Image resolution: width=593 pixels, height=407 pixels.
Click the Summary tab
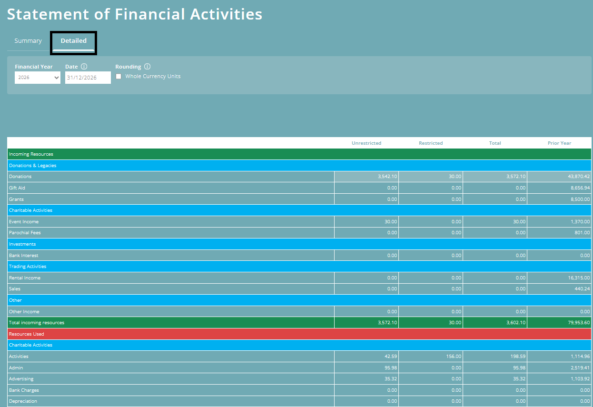click(28, 41)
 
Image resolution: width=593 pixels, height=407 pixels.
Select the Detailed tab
click(74, 41)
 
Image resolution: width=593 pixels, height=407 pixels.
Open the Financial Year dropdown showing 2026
click(38, 78)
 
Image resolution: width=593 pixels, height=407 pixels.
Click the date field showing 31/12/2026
click(88, 78)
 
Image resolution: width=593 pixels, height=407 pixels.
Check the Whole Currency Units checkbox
click(119, 77)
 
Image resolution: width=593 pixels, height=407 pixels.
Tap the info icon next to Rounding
click(147, 67)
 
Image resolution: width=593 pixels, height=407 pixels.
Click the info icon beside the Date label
click(84, 67)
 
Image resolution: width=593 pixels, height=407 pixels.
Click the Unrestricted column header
click(366, 143)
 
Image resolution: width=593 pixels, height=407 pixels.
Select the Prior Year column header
click(559, 143)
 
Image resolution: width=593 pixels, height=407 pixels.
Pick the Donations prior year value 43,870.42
click(576, 177)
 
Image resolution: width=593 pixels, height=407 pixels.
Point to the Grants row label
click(16, 199)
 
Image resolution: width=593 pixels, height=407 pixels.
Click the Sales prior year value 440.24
click(581, 289)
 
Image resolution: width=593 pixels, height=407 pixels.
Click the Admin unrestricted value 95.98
click(390, 368)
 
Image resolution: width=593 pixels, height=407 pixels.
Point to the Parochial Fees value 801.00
click(581, 233)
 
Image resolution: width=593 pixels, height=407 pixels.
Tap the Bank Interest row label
click(24, 256)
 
